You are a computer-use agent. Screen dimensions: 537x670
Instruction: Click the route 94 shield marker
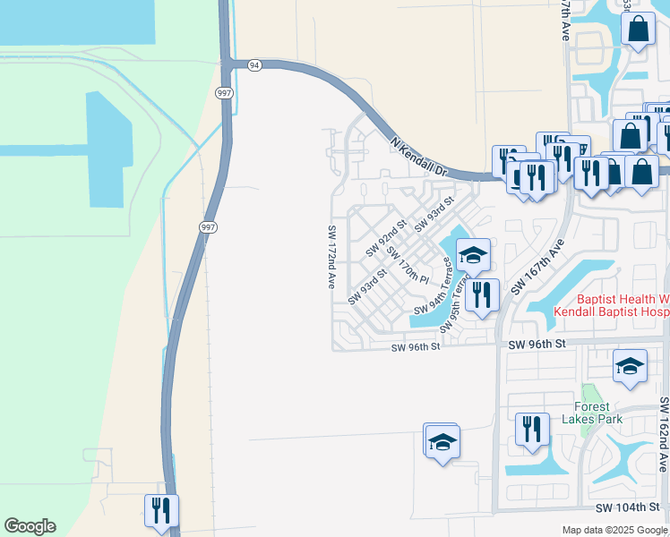coord(255,64)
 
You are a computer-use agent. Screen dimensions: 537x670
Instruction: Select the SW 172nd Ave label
coord(331,256)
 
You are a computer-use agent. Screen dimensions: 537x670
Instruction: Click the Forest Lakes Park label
coord(592,409)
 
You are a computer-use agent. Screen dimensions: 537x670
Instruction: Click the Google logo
coord(30,526)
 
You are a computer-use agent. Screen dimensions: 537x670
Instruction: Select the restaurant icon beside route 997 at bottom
coord(161,510)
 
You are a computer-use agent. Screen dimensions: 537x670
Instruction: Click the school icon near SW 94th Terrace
coord(473,256)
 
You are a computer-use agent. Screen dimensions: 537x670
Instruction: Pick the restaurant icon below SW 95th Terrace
coord(482,294)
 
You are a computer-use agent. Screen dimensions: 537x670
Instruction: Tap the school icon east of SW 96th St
coord(630,366)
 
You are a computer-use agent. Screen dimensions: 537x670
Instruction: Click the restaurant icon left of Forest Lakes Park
coord(532,429)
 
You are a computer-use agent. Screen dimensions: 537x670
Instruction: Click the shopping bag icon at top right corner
coord(638,28)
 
